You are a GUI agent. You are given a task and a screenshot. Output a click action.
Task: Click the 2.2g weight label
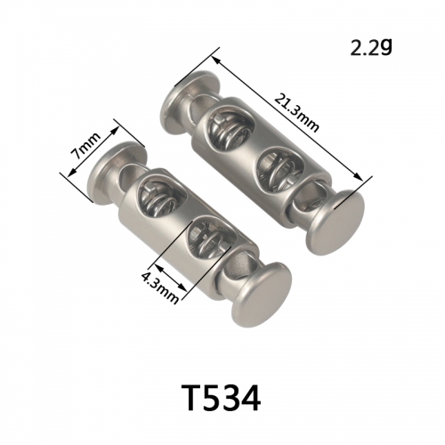click(371, 47)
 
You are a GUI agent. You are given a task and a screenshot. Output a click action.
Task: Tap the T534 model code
click(222, 397)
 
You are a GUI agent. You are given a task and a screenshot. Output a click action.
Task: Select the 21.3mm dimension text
click(296, 113)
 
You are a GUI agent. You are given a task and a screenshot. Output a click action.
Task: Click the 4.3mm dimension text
click(160, 287)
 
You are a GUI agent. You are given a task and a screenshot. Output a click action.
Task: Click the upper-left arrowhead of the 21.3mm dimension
click(216, 61)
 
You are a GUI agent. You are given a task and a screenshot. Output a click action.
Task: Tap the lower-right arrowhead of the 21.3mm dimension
click(359, 176)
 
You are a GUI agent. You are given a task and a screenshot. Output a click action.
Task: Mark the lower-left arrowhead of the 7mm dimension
click(71, 173)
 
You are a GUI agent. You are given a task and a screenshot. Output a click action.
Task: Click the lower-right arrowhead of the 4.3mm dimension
click(183, 288)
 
